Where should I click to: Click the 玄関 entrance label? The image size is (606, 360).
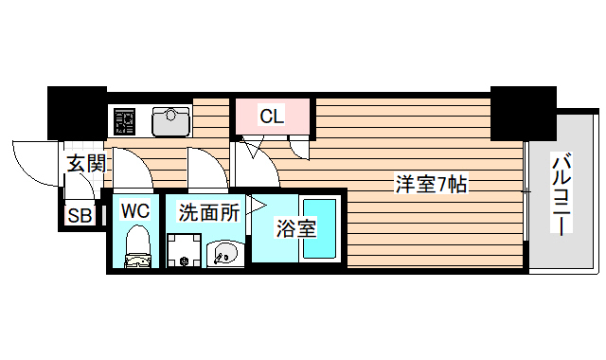tap(85, 162)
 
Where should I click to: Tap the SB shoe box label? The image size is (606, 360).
tap(79, 216)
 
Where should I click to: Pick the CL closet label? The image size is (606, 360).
tap(272, 117)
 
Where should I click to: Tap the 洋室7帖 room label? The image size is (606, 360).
tap(431, 184)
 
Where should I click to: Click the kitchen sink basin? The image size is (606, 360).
tap(171, 119)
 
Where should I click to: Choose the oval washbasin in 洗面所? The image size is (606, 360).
tap(224, 253)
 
